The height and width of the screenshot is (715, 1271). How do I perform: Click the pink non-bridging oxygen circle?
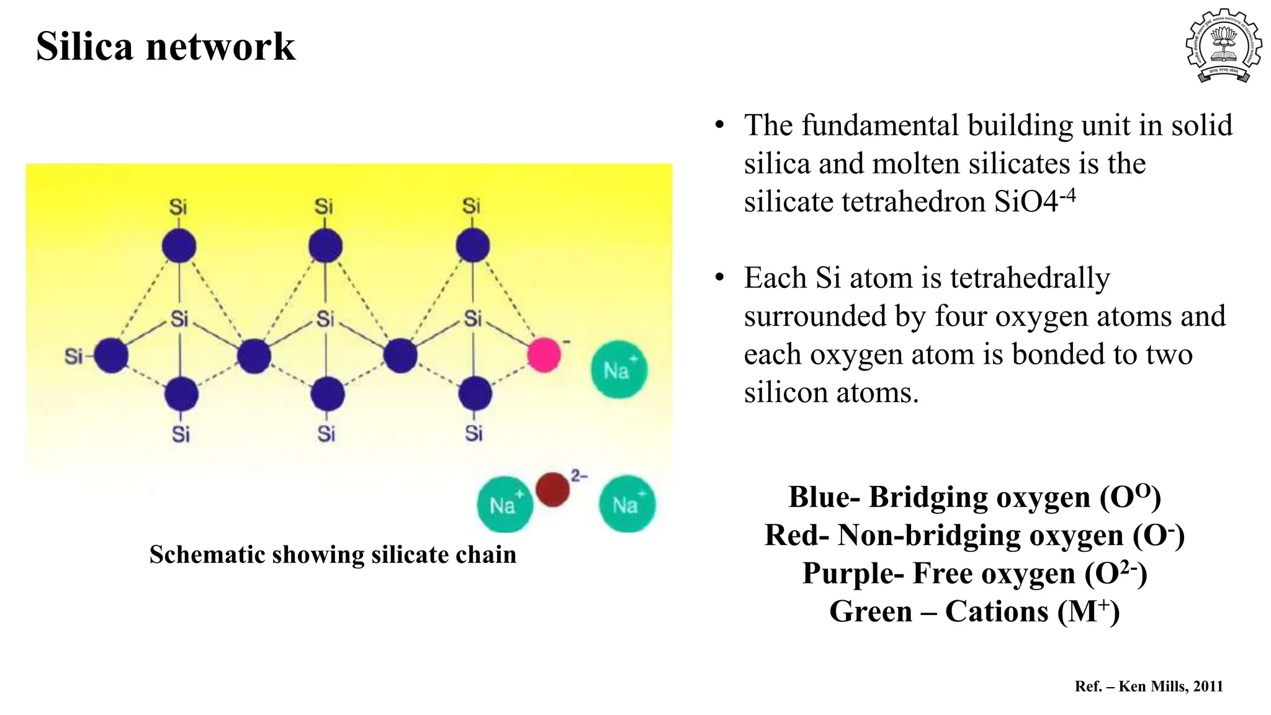click(x=544, y=355)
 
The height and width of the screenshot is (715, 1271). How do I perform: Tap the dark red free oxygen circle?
click(x=552, y=489)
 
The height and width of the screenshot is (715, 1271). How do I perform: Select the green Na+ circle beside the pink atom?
click(x=619, y=370)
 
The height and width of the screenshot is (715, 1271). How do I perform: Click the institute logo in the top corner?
click(x=1223, y=45)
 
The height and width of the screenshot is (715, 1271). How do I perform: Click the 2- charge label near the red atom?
click(x=579, y=476)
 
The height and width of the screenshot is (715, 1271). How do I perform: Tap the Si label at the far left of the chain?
click(x=73, y=356)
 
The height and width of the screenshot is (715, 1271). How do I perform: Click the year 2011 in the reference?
click(x=1208, y=686)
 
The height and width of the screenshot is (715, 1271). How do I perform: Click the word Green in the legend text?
click(x=871, y=611)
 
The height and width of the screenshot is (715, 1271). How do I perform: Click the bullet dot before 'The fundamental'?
click(x=719, y=125)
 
